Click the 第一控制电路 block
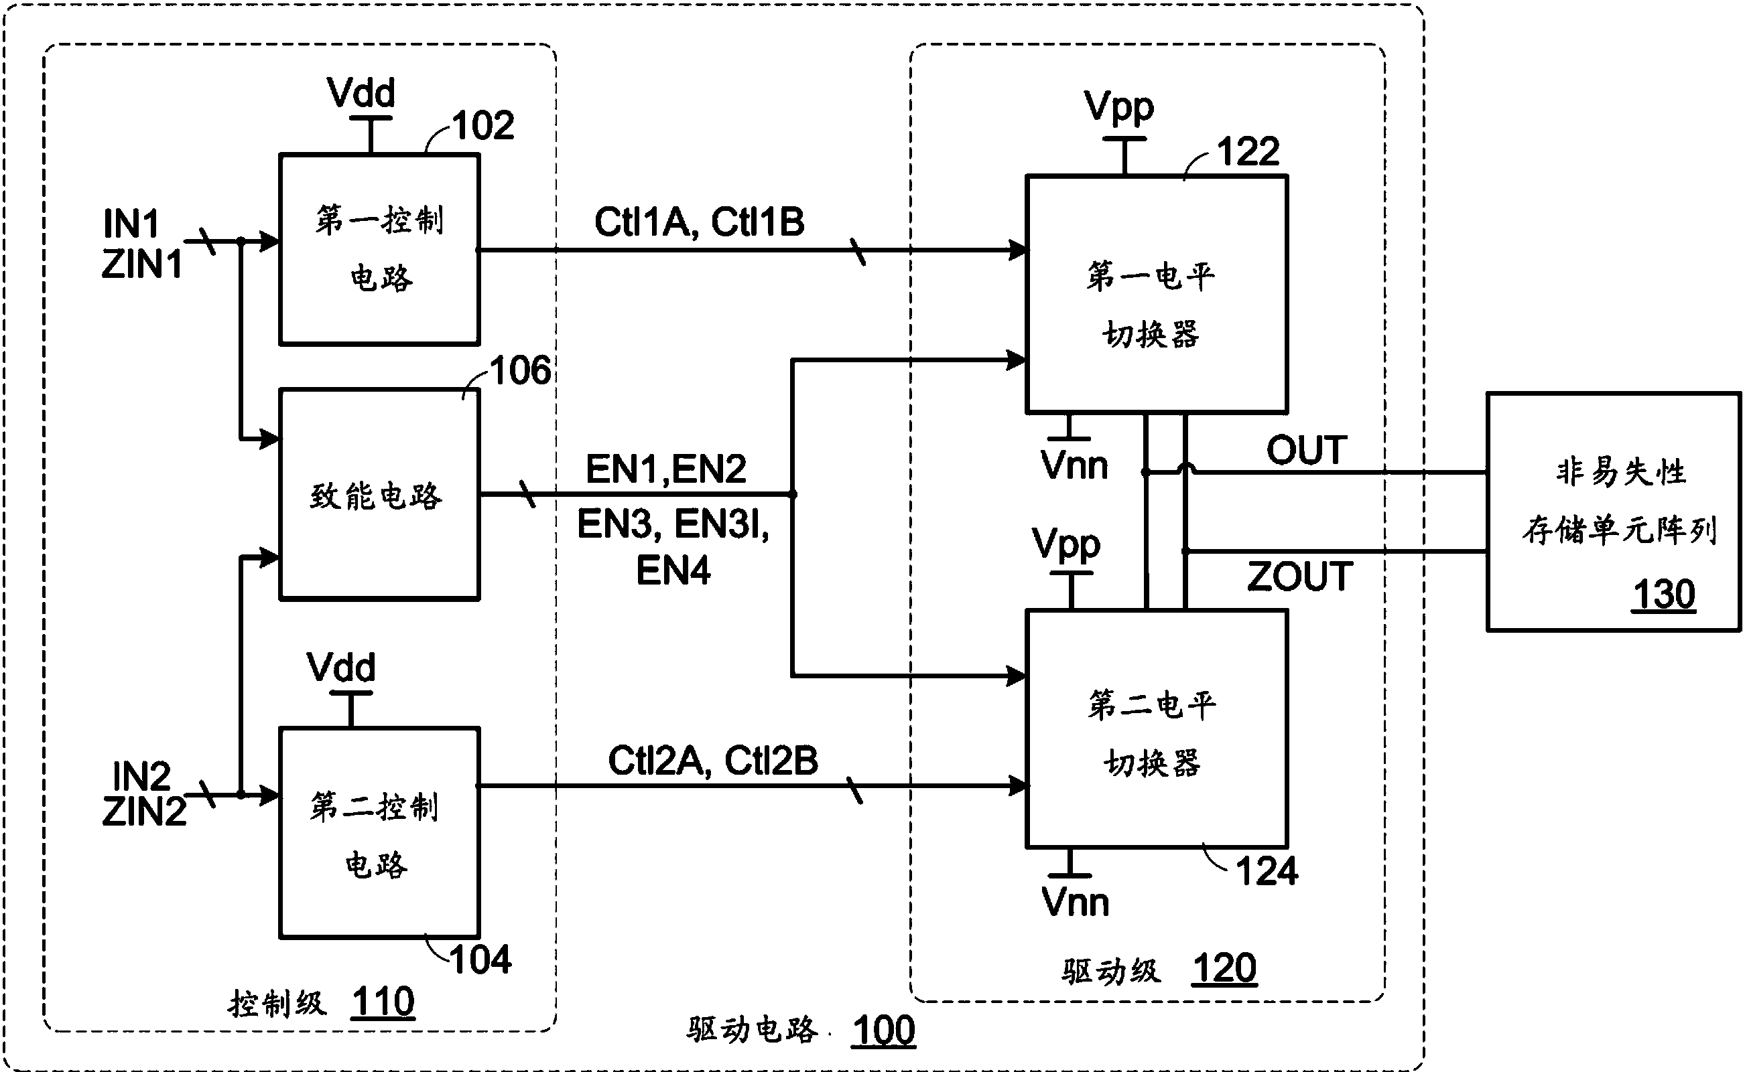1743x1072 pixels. click(379, 250)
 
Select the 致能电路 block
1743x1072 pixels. click(379, 494)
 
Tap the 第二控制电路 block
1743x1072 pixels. click(379, 833)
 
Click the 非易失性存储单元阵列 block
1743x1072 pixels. click(1613, 510)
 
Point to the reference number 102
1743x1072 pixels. click(483, 126)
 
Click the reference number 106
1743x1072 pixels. click(520, 371)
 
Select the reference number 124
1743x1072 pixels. click(1267, 871)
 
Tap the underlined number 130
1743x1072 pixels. click(1663, 594)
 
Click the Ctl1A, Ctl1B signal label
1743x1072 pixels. click(699, 222)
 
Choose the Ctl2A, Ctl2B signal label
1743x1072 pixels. click(712, 761)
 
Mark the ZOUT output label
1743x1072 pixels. click(1299, 577)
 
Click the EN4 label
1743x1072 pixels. click(673, 571)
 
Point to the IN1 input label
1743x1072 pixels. click(131, 224)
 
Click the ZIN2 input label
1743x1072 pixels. click(143, 812)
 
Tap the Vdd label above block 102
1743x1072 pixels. click(361, 93)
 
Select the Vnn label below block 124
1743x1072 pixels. click(1075, 903)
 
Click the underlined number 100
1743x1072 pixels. click(883, 1030)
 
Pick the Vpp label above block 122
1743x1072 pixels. click(1118, 107)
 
